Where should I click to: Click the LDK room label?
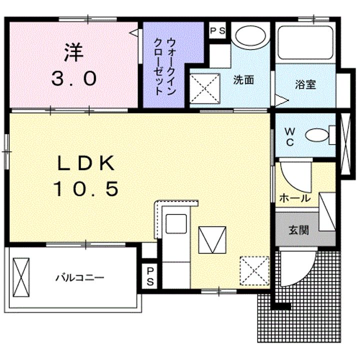tap(86, 163)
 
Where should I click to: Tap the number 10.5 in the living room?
tap(86, 188)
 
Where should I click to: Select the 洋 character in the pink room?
tap(73, 52)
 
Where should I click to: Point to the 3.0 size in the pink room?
tap(73, 78)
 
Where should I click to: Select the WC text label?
tap(289, 136)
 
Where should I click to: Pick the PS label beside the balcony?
tap(150, 276)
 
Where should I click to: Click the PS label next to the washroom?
tap(217, 30)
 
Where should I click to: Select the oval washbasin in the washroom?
tap(250, 36)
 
